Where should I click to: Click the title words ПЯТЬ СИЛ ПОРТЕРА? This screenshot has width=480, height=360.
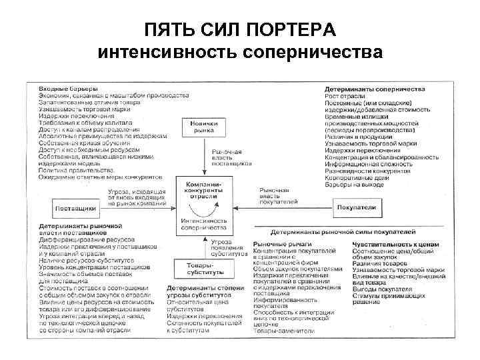(240, 30)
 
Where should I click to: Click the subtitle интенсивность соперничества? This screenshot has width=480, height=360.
(240, 52)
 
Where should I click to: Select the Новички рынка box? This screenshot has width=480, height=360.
(204, 127)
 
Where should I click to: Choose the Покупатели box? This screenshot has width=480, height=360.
(359, 207)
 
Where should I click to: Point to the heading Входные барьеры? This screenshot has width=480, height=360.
(69, 89)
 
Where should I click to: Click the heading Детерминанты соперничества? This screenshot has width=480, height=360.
(375, 89)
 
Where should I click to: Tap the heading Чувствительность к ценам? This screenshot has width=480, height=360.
(391, 245)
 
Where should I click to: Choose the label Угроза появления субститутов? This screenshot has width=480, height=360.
(228, 247)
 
